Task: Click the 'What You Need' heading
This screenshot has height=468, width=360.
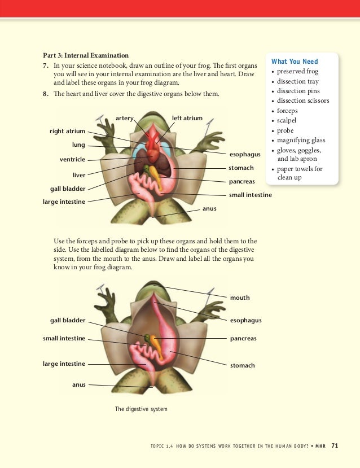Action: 294,62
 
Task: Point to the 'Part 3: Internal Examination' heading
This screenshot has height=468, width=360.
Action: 86,55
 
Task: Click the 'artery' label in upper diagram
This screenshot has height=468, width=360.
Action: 124,118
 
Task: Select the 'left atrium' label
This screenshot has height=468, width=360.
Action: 187,118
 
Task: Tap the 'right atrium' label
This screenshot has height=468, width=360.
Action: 67,132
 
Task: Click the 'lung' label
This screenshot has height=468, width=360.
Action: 78,145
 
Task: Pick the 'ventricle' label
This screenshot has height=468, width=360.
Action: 72,159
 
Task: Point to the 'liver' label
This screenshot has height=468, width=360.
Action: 79,175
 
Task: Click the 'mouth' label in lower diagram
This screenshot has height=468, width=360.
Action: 240,298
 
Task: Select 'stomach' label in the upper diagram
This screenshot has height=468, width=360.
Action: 241,168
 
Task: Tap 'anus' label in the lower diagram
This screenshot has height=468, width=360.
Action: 79,384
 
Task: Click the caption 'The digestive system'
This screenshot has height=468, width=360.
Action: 141,409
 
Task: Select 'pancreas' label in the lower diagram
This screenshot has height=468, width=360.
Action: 243,339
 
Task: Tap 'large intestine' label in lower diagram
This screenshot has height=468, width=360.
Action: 64,364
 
